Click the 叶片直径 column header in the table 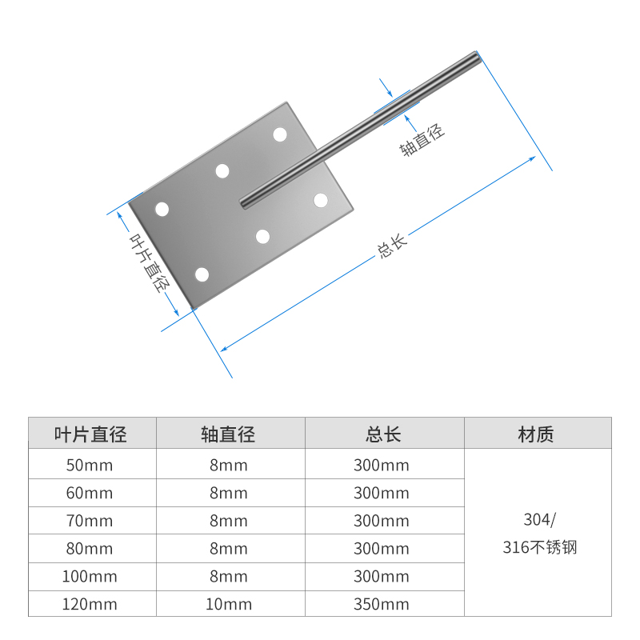90,434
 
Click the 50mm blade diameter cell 90,465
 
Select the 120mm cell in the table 90,604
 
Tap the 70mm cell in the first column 90,521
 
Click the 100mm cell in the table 90,576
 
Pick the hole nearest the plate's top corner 280,134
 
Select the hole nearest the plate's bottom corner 202,275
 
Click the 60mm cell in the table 90,493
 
